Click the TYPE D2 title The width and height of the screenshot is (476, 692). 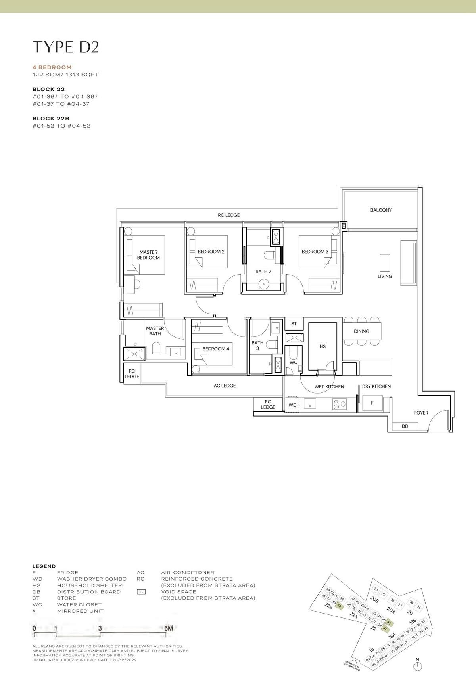point(65,47)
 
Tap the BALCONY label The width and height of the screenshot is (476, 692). point(381,210)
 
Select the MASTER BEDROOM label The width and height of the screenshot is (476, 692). point(148,255)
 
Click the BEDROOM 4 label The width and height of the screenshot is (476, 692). point(216,349)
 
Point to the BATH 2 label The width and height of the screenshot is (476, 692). point(263,271)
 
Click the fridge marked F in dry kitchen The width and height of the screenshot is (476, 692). point(372,403)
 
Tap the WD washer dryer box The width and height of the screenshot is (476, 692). point(292,405)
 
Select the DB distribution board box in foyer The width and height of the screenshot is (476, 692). point(405,426)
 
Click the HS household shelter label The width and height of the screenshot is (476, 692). point(322,346)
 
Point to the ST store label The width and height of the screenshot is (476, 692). point(294,324)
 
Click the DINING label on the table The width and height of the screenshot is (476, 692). point(361,331)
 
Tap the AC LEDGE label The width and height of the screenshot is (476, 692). point(225,386)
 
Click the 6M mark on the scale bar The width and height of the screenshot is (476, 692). point(168,628)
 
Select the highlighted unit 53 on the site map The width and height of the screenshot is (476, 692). point(339,606)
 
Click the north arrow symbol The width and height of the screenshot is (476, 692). point(417,667)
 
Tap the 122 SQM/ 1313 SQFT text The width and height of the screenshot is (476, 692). point(65,75)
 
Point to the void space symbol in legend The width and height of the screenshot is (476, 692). point(141,592)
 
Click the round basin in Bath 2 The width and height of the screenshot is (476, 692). point(263,284)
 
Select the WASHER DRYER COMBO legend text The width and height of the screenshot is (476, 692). point(92,579)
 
